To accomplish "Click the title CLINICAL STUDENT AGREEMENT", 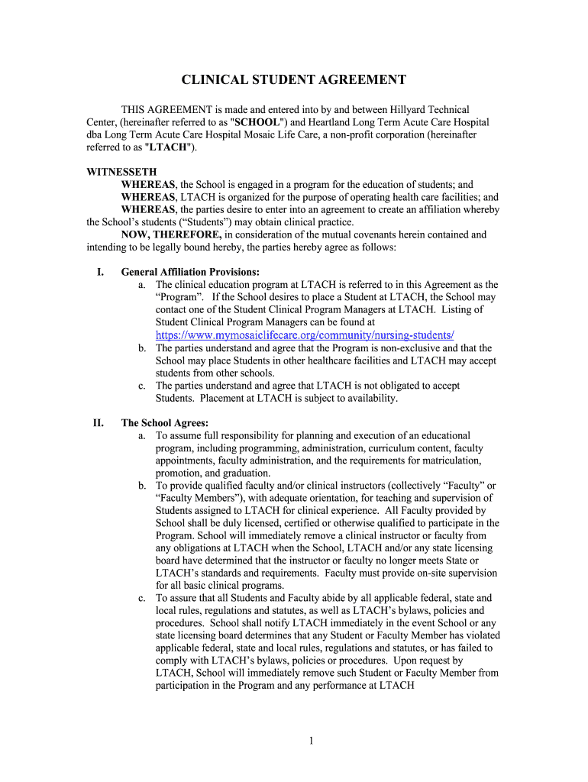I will [x=293, y=80].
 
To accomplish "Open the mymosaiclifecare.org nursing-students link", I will [x=305, y=334].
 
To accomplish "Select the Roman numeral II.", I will [x=98, y=422].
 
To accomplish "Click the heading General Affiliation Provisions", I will [x=190, y=272].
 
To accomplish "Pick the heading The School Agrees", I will [x=164, y=422].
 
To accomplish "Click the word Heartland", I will [x=334, y=122].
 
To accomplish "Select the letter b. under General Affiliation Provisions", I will [x=143, y=347].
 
